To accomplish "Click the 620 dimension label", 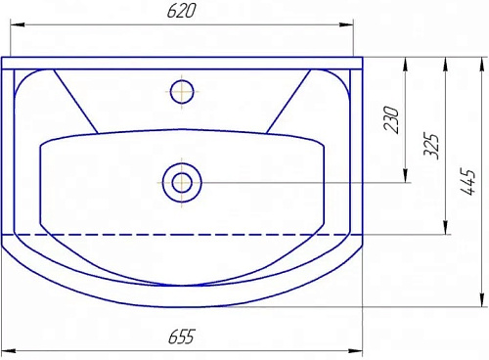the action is (181, 11).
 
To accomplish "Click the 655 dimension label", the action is (182, 337).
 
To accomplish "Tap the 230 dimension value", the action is (391, 119).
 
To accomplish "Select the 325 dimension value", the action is (431, 146).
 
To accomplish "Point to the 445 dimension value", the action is (468, 182).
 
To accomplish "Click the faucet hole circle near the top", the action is (182, 92).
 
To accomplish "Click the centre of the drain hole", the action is (182, 183).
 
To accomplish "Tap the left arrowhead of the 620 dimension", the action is (18, 24).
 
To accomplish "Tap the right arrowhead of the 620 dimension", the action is (346, 24).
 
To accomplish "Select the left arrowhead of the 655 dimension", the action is (9, 351).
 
